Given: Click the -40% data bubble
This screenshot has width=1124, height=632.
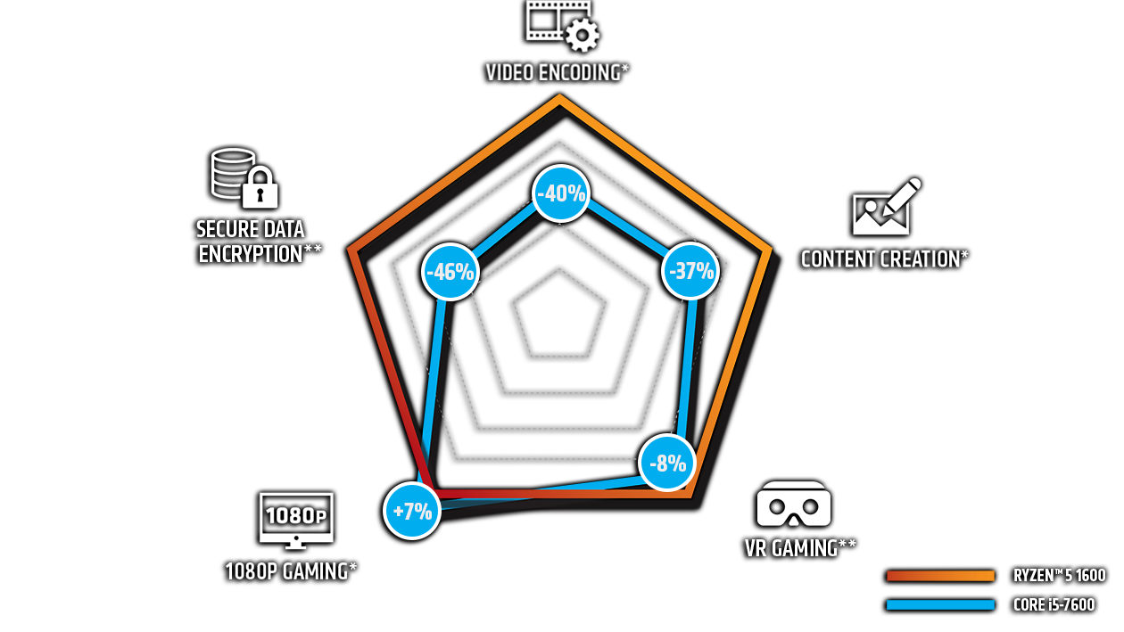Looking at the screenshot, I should click(561, 193).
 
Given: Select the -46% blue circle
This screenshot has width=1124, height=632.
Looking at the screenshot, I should click(450, 272).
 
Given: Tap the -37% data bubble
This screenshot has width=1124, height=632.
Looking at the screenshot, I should click(691, 271).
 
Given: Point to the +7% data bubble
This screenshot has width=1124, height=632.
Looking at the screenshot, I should click(412, 512).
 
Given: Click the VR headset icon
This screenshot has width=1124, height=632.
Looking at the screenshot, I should click(793, 505).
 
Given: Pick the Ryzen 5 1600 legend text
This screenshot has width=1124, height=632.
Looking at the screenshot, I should click(1058, 576).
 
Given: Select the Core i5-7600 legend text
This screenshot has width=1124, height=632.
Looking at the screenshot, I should click(1054, 605).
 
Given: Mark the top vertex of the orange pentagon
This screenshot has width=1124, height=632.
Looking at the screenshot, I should click(561, 100).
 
